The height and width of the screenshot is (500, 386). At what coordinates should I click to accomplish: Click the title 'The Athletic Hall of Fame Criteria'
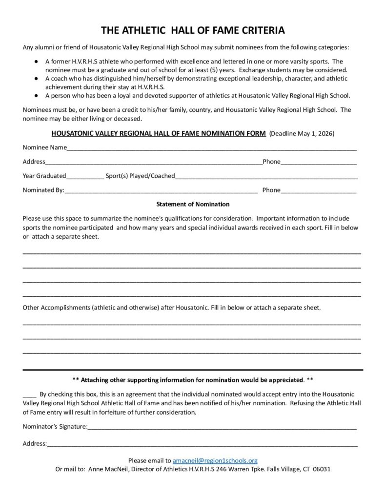(x=193, y=31)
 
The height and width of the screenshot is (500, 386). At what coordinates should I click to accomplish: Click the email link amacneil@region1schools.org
(x=215, y=460)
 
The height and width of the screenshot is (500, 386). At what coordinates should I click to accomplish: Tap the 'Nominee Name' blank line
(x=211, y=147)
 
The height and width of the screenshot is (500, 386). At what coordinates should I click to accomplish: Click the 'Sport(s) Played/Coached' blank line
(x=266, y=176)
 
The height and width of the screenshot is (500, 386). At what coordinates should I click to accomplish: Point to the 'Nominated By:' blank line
(x=161, y=190)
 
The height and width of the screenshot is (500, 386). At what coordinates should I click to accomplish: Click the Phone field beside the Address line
(x=318, y=162)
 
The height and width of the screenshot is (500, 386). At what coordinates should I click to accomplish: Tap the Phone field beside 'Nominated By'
(x=318, y=190)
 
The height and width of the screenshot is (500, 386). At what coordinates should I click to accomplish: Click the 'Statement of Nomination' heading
(x=193, y=204)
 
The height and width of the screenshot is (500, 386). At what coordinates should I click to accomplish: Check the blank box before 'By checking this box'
(x=29, y=394)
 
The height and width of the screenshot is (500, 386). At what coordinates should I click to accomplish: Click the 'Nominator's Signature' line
(x=222, y=427)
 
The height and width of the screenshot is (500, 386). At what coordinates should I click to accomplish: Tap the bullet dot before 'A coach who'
(x=37, y=78)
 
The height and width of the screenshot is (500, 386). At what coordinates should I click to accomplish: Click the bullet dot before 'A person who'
(x=37, y=95)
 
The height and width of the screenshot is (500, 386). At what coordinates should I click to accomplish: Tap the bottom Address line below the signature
(x=203, y=444)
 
